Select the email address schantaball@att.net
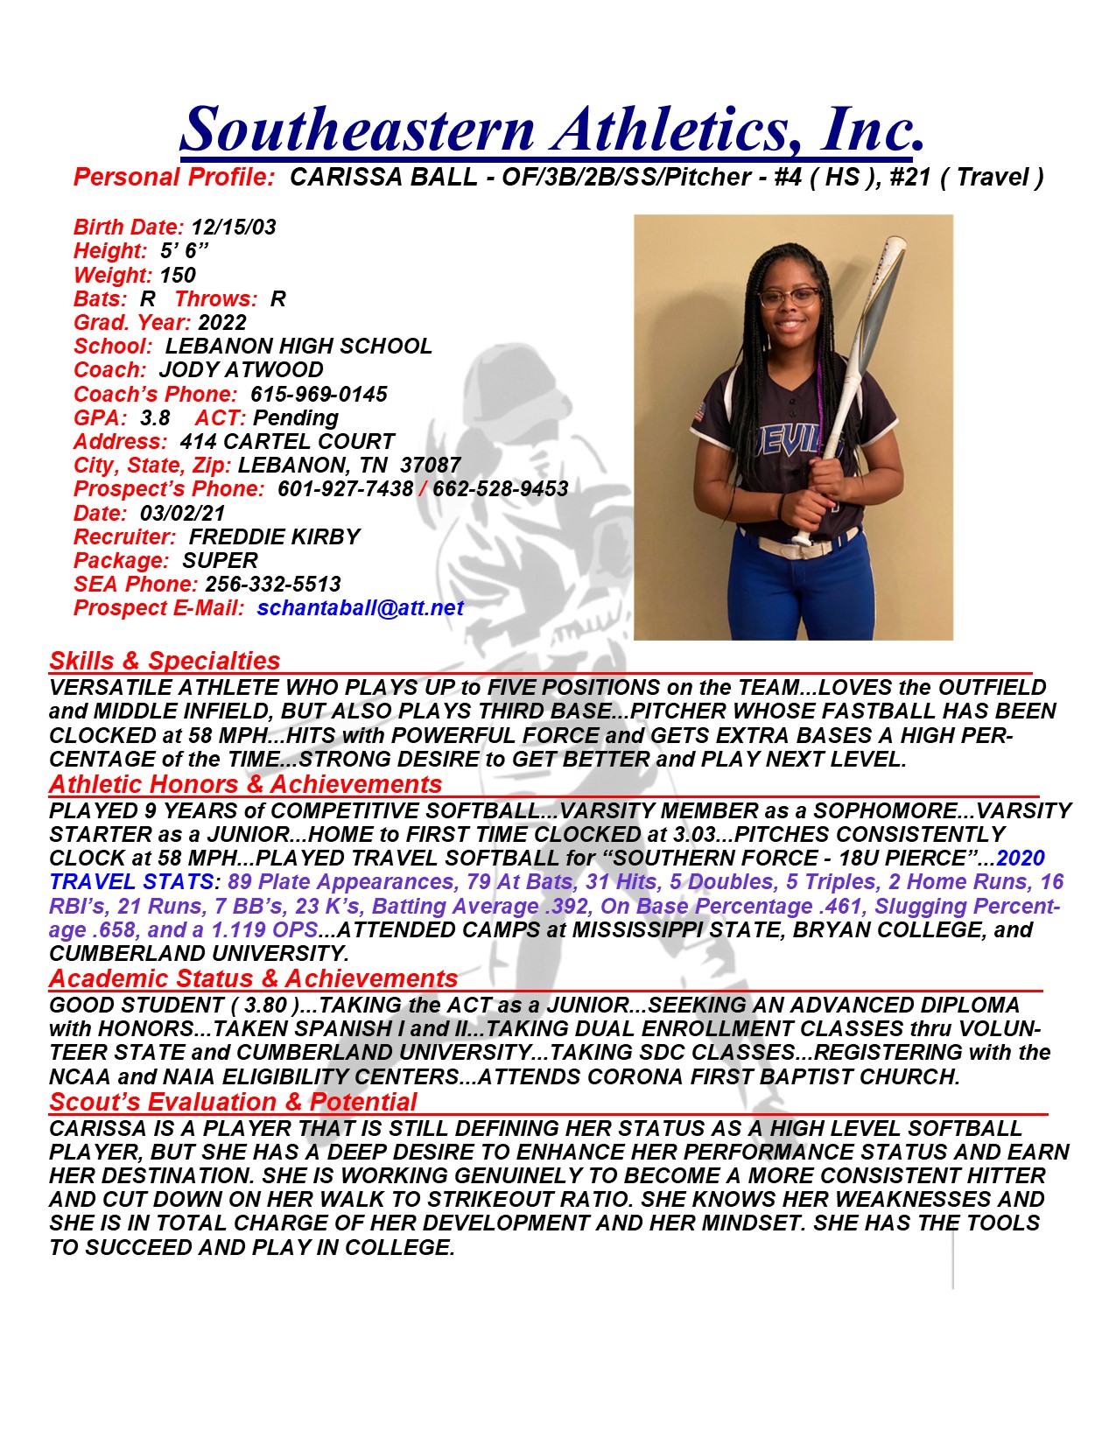point(361,608)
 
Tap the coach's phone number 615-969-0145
point(319,395)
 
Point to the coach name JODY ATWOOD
point(241,370)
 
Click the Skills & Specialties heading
point(165,661)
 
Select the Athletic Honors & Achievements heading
point(245,784)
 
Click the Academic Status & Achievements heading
point(253,978)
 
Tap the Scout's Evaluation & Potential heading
point(233,1102)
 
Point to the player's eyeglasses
point(790,298)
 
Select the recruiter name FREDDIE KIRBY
point(274,537)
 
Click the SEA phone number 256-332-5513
point(273,585)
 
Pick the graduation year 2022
point(222,323)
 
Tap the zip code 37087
point(430,466)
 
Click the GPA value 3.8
point(155,418)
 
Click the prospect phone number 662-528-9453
point(501,489)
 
